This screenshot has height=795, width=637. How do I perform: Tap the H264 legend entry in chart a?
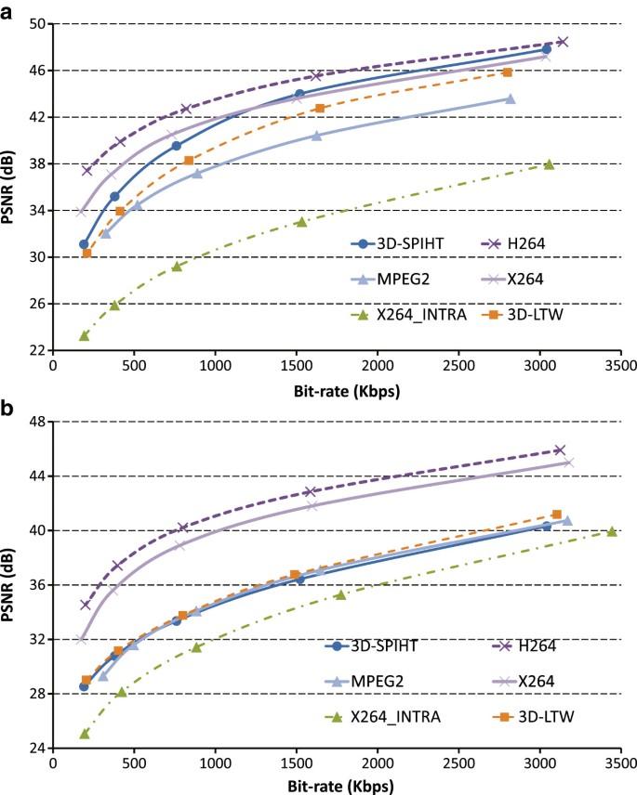click(539, 244)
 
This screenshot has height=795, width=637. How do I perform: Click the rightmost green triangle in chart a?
click(549, 163)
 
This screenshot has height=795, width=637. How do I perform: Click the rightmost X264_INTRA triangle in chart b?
click(612, 531)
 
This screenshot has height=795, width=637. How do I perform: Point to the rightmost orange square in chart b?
click(556, 514)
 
